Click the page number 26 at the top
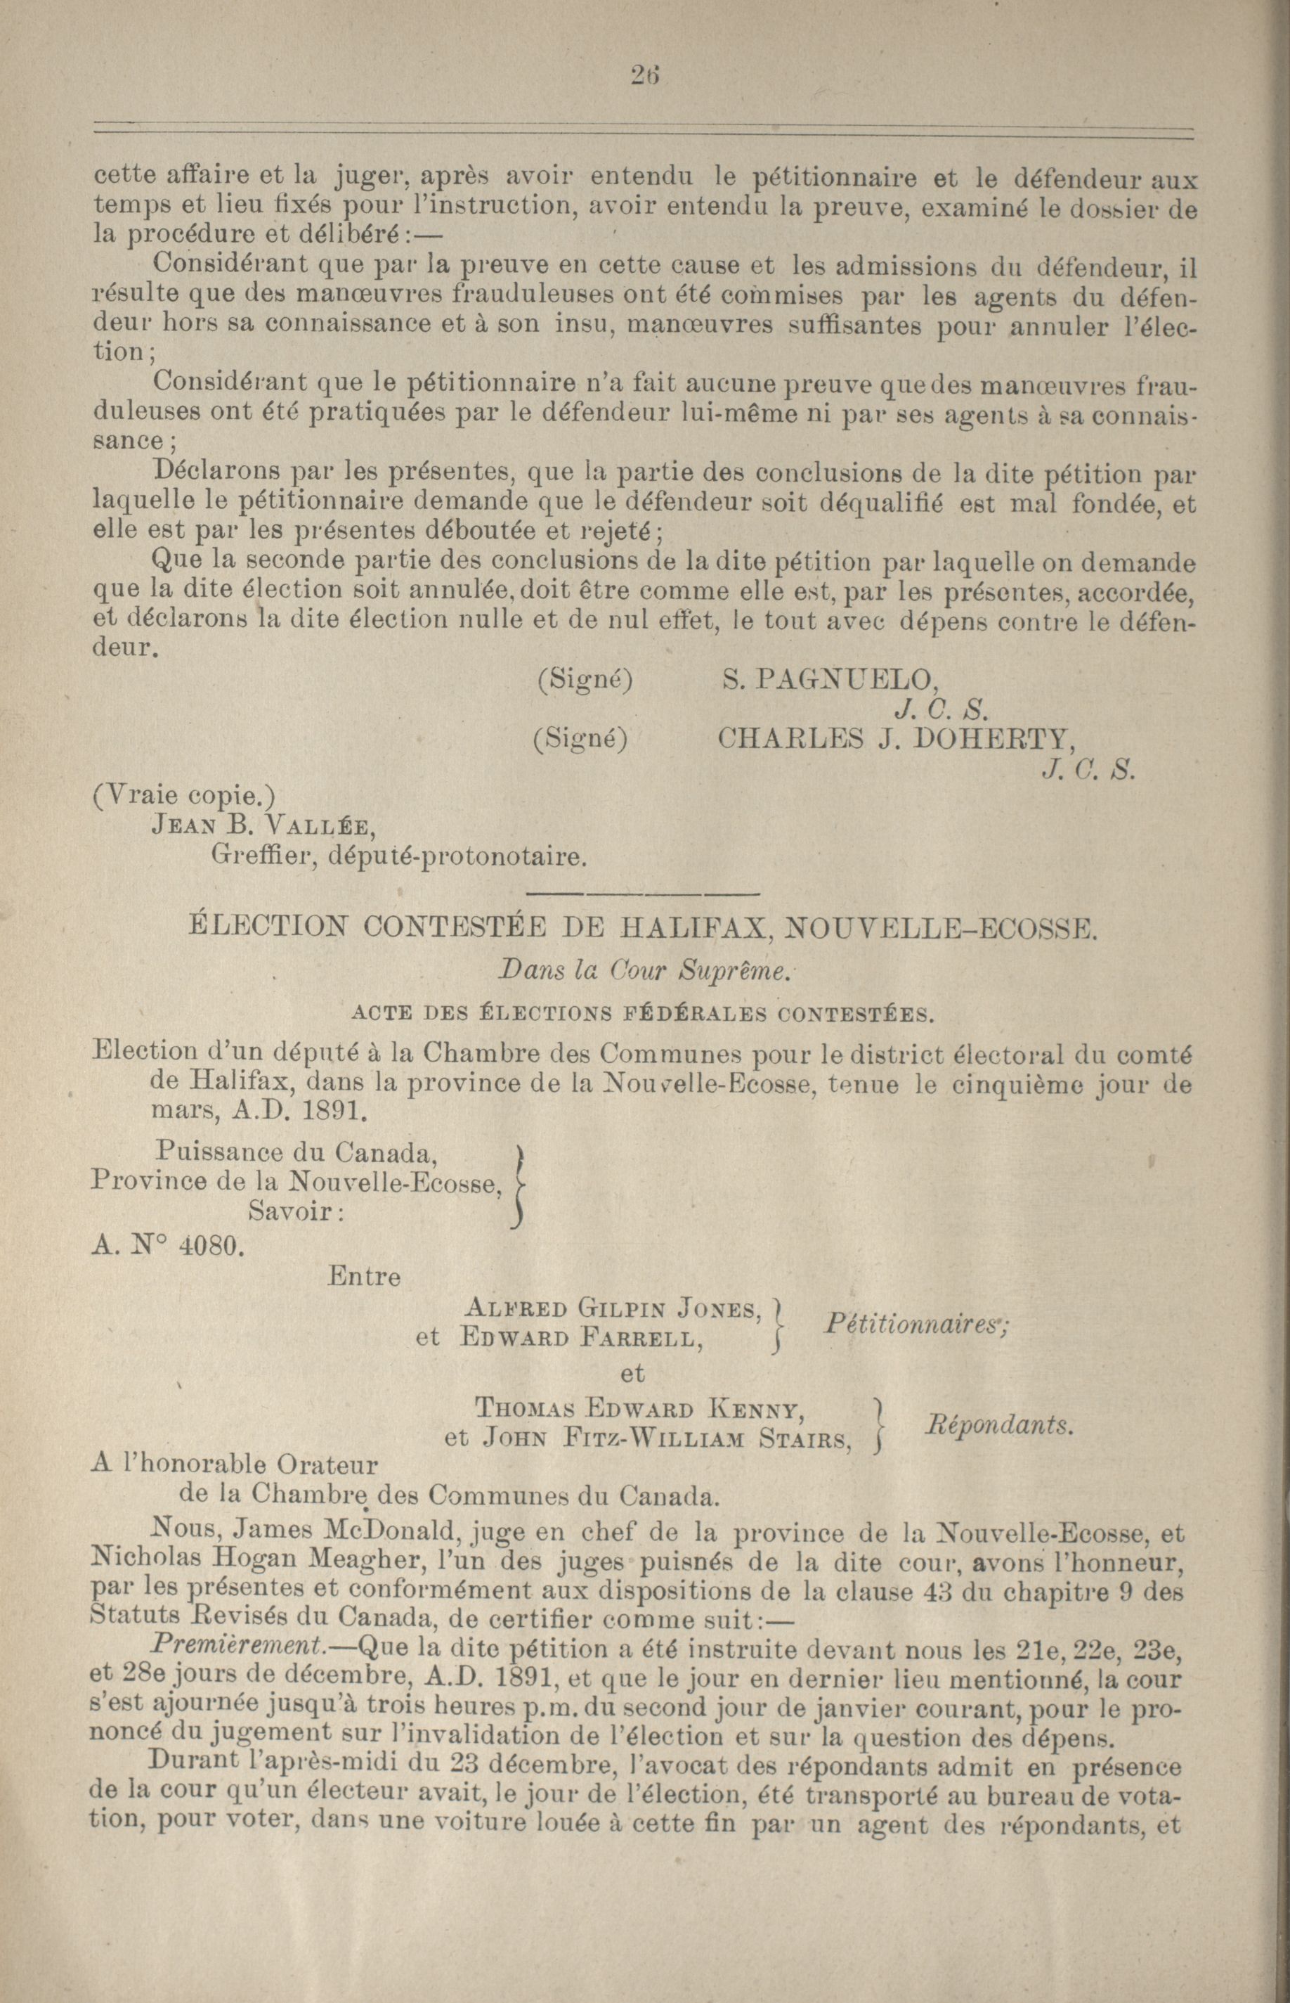point(646,75)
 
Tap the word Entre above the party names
point(365,1276)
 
